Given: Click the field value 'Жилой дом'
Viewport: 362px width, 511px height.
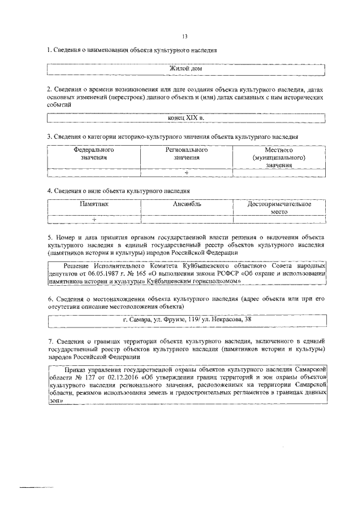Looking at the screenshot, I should click(x=186, y=69).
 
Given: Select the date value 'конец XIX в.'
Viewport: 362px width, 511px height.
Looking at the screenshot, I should click(x=186, y=118).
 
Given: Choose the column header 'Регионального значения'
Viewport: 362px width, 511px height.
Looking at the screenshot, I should click(x=186, y=154).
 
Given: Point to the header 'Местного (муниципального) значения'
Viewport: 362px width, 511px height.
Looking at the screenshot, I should click(x=278, y=158).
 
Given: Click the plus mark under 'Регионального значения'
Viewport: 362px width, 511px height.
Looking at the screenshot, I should click(x=186, y=172).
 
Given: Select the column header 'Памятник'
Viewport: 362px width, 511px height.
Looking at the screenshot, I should click(x=94, y=203).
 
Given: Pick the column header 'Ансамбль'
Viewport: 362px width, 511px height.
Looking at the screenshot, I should click(x=186, y=203).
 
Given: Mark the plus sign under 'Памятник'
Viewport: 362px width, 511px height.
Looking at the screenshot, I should click(x=94, y=219).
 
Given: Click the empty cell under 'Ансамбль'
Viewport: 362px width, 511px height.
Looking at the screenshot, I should click(x=186, y=219).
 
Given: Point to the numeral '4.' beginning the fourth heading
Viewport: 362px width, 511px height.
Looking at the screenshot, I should click(x=50, y=191).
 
